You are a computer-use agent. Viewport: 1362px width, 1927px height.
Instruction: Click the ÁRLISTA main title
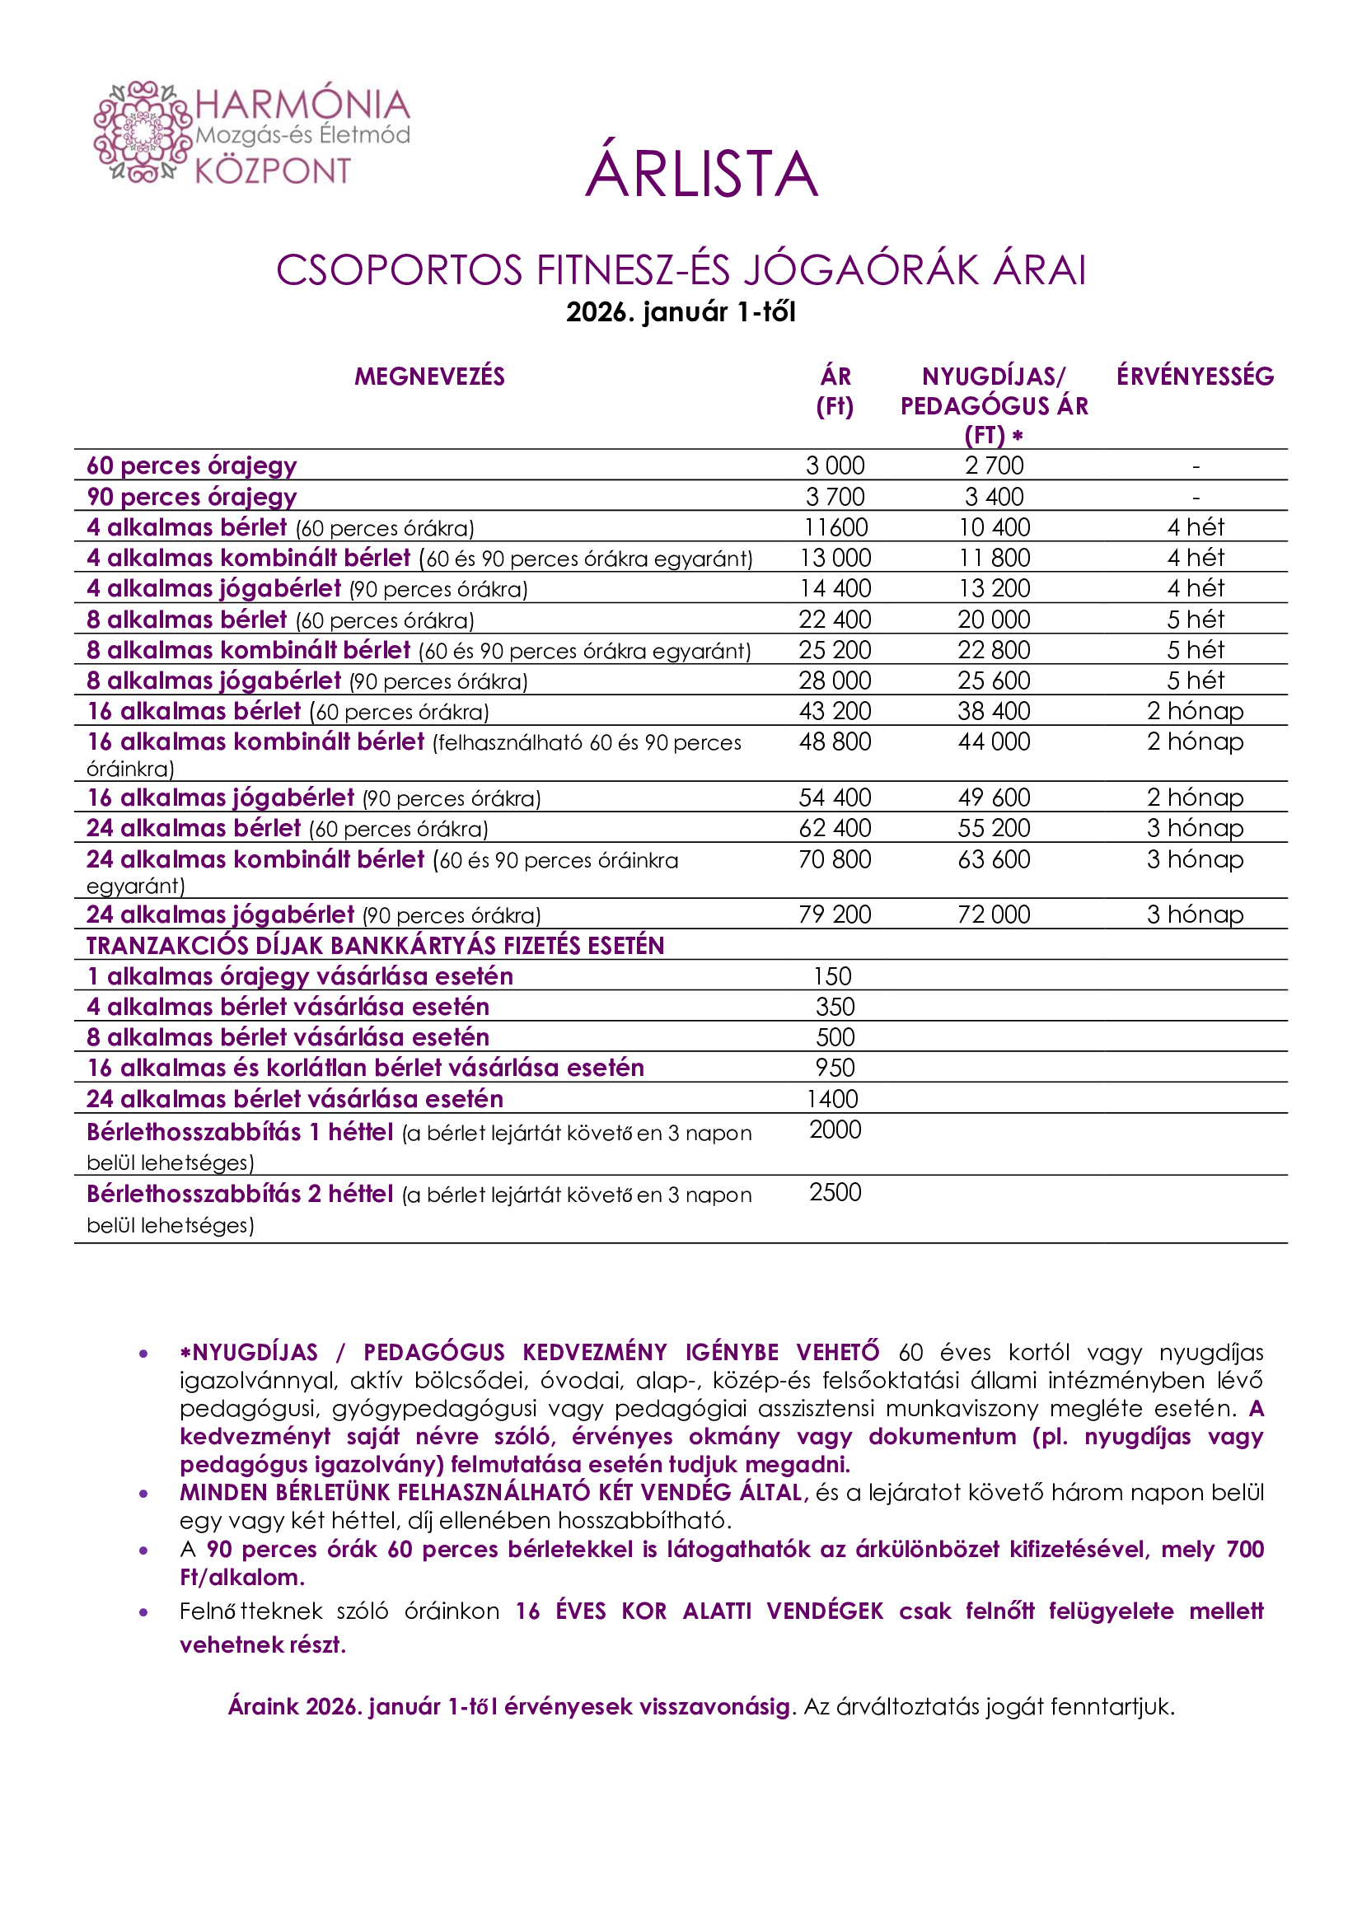(701, 175)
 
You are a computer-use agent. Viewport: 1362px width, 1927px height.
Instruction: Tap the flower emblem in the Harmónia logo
(143, 132)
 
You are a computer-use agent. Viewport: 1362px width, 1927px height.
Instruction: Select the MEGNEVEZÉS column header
(428, 376)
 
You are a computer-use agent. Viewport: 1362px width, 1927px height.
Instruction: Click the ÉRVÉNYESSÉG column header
(1194, 376)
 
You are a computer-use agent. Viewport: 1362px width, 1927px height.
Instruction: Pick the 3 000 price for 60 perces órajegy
(834, 465)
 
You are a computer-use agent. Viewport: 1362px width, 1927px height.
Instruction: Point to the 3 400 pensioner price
(994, 497)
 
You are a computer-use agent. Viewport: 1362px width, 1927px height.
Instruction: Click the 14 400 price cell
(834, 588)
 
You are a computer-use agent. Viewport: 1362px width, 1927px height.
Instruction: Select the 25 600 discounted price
(994, 681)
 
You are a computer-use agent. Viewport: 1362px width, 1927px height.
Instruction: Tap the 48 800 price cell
(834, 742)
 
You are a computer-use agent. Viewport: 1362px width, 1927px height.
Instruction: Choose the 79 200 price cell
(834, 914)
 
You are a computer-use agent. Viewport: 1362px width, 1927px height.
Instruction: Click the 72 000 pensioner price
(994, 914)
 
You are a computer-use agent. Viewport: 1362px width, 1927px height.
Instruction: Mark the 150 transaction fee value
(832, 976)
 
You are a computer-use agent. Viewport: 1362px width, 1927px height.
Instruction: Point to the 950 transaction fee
(835, 1068)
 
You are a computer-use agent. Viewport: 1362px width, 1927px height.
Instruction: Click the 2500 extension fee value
(835, 1192)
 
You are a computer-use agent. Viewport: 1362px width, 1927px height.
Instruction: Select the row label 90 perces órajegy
(191, 497)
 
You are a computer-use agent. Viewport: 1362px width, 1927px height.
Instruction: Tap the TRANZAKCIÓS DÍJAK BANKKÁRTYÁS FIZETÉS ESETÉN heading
(375, 946)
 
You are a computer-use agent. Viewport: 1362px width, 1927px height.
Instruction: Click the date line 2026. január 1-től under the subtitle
(681, 312)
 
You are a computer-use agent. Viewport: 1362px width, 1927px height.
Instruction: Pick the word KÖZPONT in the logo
(273, 171)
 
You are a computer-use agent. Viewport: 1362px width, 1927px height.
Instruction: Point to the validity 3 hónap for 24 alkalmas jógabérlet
(1194, 914)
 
